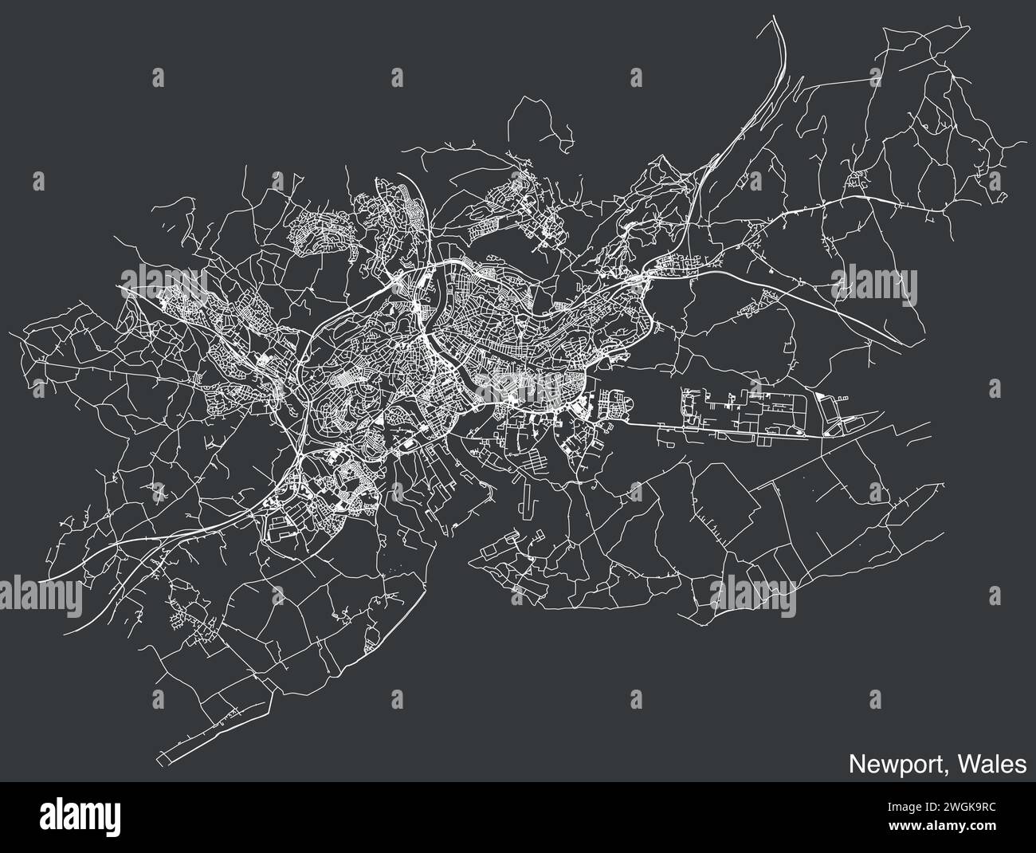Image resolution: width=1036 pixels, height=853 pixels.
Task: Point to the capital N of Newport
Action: (x=855, y=765)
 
